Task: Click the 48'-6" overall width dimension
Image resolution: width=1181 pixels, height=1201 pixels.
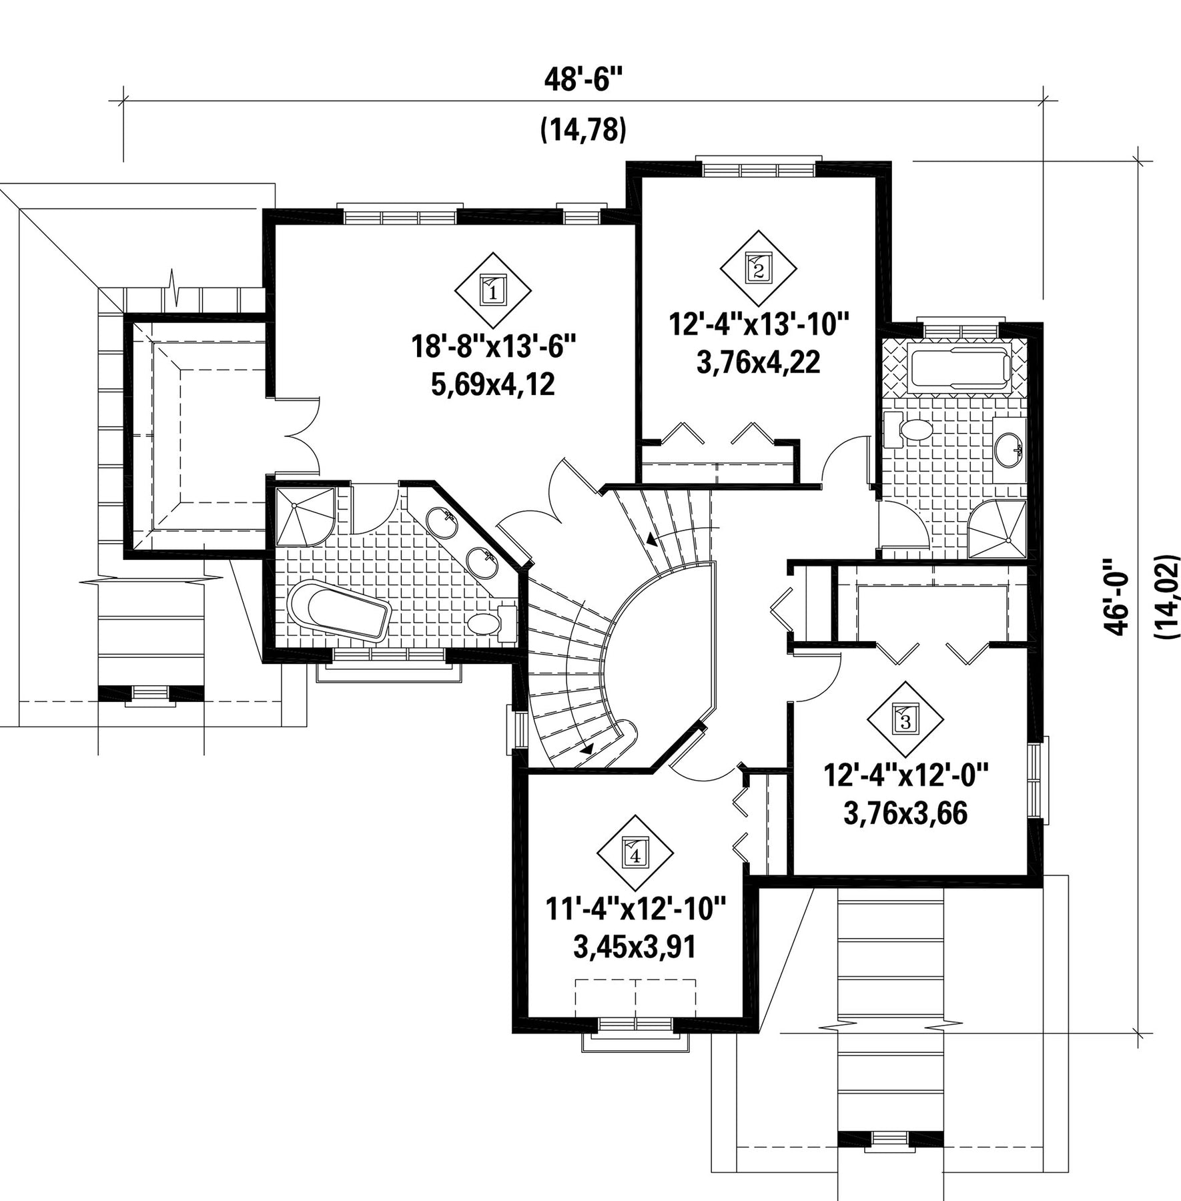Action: point(583,81)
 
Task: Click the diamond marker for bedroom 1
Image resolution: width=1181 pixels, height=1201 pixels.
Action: point(493,291)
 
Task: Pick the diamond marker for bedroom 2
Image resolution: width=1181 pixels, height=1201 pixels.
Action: point(759,269)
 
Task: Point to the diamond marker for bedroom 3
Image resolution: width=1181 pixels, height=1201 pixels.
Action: point(905,720)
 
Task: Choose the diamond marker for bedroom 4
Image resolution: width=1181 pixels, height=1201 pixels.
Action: point(635,853)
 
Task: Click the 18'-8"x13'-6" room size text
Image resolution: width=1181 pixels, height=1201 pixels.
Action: point(493,347)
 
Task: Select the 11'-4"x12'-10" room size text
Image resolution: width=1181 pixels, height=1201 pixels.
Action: point(635,910)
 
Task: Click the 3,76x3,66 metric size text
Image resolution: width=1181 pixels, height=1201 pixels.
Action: point(905,814)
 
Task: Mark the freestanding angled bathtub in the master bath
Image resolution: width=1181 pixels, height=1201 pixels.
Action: point(339,611)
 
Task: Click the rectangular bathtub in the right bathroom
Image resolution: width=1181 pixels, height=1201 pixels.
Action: point(959,366)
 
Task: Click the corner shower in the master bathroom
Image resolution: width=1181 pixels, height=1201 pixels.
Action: point(304,517)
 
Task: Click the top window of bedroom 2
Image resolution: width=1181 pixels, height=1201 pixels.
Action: point(759,165)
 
